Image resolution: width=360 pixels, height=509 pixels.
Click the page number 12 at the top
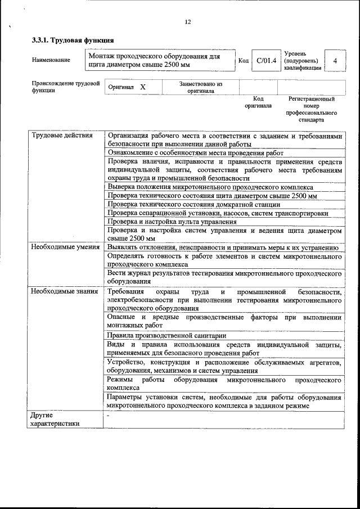(x=188, y=22)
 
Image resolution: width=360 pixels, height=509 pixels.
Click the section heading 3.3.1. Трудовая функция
(x=73, y=40)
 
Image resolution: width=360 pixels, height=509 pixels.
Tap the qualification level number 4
(x=335, y=61)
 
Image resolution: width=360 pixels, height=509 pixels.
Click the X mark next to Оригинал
(x=143, y=88)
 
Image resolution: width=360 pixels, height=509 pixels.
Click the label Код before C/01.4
(x=243, y=61)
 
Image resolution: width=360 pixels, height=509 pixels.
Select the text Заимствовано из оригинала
(x=200, y=87)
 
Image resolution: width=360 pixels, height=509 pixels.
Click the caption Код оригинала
(x=258, y=102)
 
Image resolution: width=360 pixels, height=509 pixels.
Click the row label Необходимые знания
(x=64, y=291)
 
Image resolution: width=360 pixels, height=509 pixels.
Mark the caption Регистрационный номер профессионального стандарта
(x=311, y=109)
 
